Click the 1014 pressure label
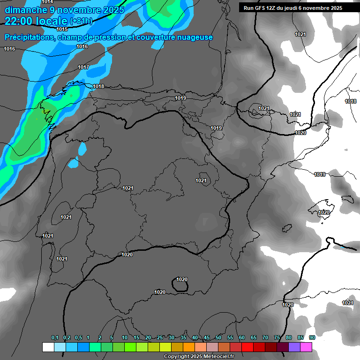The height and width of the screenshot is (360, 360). point(48,2)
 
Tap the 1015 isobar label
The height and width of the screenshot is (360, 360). point(62,29)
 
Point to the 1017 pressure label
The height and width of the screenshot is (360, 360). point(83,67)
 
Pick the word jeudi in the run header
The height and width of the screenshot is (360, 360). point(291,8)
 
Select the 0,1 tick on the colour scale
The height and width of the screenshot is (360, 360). point(55,338)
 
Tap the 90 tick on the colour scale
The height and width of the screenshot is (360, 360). point(312,338)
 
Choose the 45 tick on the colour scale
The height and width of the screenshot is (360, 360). point(207,338)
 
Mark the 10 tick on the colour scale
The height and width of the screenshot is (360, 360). point(125,338)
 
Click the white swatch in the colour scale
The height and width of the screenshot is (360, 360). point(48,347)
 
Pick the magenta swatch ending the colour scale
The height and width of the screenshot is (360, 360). point(306,347)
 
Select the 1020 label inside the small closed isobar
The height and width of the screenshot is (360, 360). point(182,280)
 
